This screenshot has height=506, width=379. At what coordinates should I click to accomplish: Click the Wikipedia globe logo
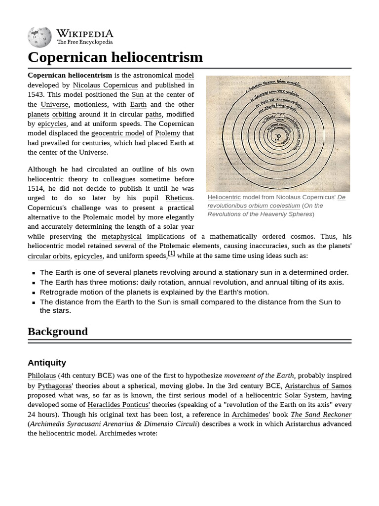(x=39, y=37)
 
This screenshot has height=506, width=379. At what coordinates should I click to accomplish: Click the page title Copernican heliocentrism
(x=115, y=57)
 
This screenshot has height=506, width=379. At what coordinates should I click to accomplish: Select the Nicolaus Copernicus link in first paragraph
(x=105, y=85)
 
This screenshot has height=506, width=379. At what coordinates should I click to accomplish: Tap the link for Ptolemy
(x=167, y=133)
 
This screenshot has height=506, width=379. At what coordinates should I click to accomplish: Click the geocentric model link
(x=117, y=133)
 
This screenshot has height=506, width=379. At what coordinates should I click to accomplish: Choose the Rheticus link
(x=178, y=198)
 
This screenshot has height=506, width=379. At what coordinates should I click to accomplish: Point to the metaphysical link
(x=121, y=237)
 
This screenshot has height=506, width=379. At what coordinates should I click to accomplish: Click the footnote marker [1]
(x=171, y=253)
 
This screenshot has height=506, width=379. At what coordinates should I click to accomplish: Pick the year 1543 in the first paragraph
(x=36, y=95)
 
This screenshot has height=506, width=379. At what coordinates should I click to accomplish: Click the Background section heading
(x=58, y=332)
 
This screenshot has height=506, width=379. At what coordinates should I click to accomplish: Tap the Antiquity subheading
(x=47, y=363)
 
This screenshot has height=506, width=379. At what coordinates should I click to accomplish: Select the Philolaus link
(x=41, y=376)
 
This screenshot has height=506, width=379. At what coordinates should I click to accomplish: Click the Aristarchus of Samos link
(x=318, y=386)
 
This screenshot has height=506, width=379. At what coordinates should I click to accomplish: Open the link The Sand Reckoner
(x=321, y=415)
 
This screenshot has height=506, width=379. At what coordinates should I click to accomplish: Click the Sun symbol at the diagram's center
(x=278, y=136)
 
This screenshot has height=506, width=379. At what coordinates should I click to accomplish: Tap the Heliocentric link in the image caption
(x=224, y=197)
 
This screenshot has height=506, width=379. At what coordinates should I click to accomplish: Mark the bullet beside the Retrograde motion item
(x=33, y=293)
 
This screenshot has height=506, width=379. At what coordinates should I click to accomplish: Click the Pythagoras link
(x=54, y=386)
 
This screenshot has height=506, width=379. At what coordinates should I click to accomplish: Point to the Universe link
(x=54, y=105)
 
